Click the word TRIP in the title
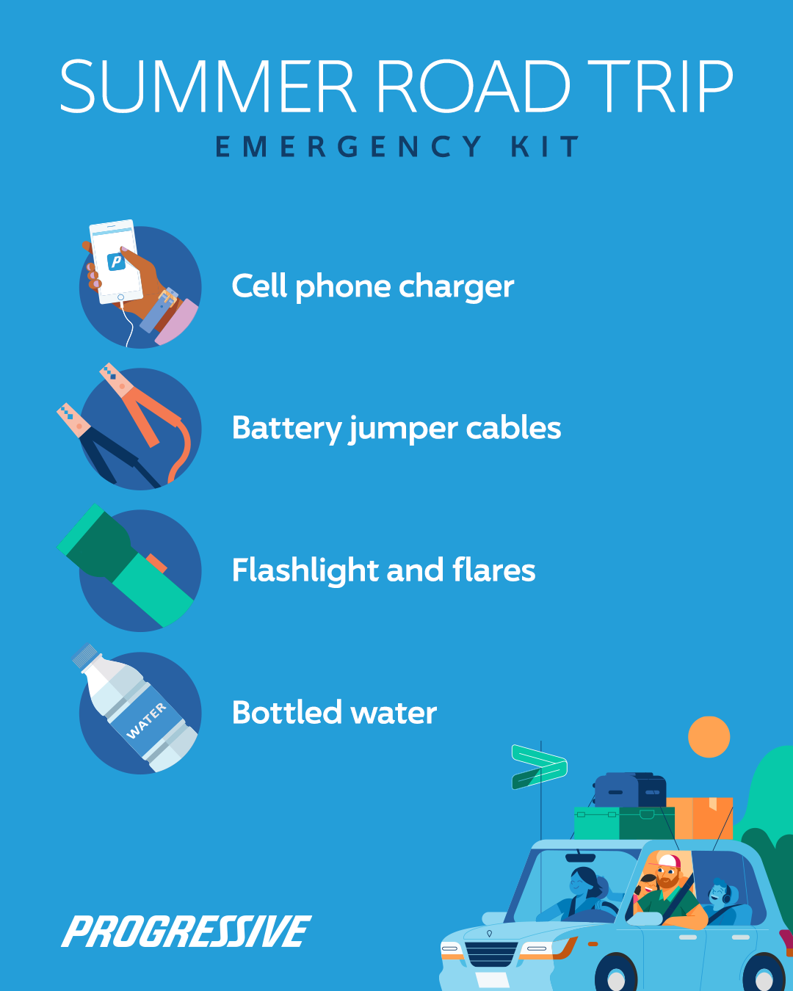(660, 86)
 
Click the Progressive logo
(187, 931)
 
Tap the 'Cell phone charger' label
(373, 287)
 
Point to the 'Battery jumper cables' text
(396, 429)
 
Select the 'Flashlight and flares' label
(383, 570)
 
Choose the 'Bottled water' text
(335, 712)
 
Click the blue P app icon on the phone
(116, 261)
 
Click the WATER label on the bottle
(145, 721)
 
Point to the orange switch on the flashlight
(156, 563)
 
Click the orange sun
(709, 737)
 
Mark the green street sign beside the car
(539, 766)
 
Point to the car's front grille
(491, 954)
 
